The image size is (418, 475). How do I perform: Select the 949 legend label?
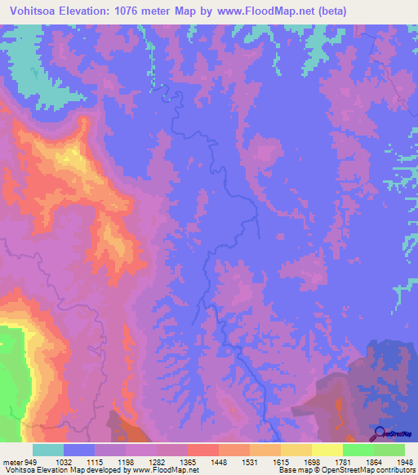tap(29, 461)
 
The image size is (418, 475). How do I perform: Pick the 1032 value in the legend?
tap(63, 461)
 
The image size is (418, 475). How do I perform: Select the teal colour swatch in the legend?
tap(47, 450)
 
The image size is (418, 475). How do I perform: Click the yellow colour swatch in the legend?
tap(327, 450)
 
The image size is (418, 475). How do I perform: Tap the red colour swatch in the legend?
tap(202, 450)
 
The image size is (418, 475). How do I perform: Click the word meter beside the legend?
tap(11, 461)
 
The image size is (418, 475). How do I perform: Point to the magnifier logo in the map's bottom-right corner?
tap(379, 433)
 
